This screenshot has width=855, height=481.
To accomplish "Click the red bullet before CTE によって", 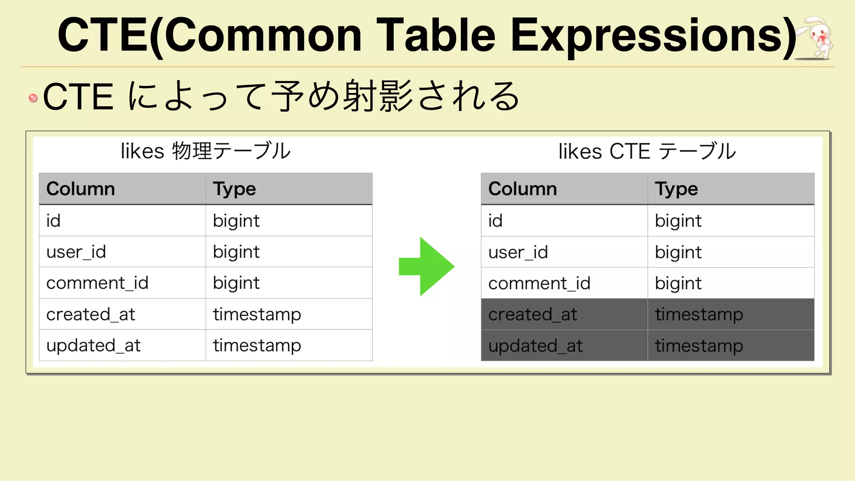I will pos(33,98).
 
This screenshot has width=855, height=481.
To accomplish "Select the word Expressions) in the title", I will pos(653,36).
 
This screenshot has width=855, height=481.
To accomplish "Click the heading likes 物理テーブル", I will pos(205,151).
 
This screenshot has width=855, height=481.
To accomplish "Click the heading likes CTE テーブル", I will pos(647,151).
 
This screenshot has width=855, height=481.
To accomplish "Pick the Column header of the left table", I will pos(81,189).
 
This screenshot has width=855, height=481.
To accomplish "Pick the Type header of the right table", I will pos(676,189).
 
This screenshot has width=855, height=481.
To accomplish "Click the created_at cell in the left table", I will pos(91,314).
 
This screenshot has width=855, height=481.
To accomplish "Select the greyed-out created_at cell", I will pos(533,314).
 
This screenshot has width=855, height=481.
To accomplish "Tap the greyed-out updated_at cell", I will pos(535,346).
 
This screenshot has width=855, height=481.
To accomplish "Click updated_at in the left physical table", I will pos(94,346).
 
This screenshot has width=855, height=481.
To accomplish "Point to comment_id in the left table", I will pos(97,283).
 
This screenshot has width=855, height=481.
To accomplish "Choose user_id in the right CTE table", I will pos(518,252).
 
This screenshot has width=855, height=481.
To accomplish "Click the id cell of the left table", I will pos(53,220).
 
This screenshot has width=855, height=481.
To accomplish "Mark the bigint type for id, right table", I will pos(678,220).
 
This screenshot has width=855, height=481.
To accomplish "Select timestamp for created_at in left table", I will pos(257,314).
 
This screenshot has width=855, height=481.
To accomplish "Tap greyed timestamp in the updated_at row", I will pos(699,346).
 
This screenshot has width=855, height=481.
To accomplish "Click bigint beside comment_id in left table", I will pos(236,283).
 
